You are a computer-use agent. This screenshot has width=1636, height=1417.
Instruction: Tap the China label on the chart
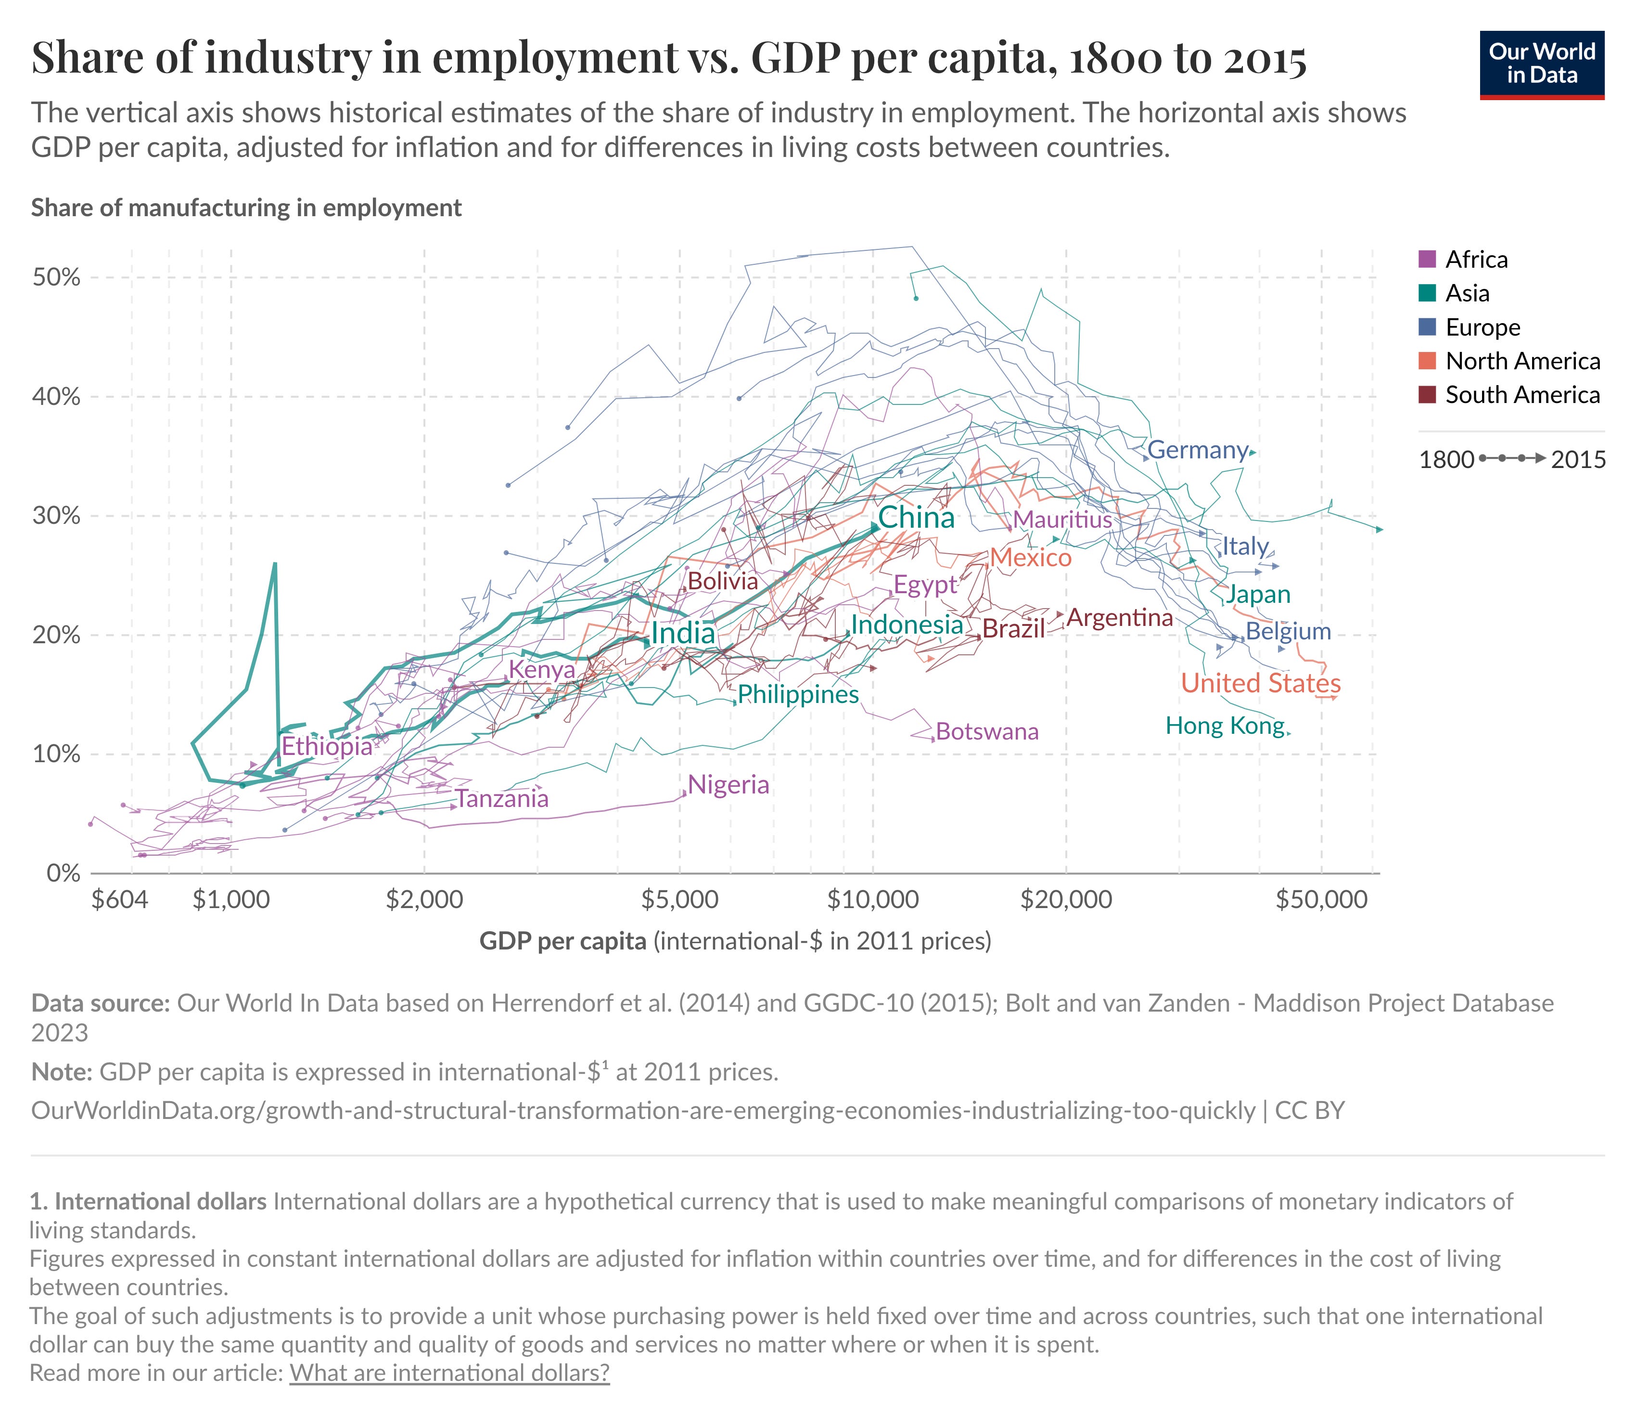tap(916, 518)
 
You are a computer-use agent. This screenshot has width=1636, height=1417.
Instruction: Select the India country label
tap(683, 633)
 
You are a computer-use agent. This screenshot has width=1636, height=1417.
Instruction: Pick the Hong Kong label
tap(1225, 726)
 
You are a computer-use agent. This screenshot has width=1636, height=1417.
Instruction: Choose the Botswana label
tap(987, 731)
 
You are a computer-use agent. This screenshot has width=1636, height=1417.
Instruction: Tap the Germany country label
tap(1197, 450)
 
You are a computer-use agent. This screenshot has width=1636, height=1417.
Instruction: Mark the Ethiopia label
tap(326, 746)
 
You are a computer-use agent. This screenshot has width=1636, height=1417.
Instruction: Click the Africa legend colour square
tap(1427, 260)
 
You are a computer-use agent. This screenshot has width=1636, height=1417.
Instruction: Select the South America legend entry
tap(1522, 395)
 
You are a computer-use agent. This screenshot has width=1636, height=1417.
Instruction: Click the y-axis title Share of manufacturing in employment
tap(246, 208)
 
